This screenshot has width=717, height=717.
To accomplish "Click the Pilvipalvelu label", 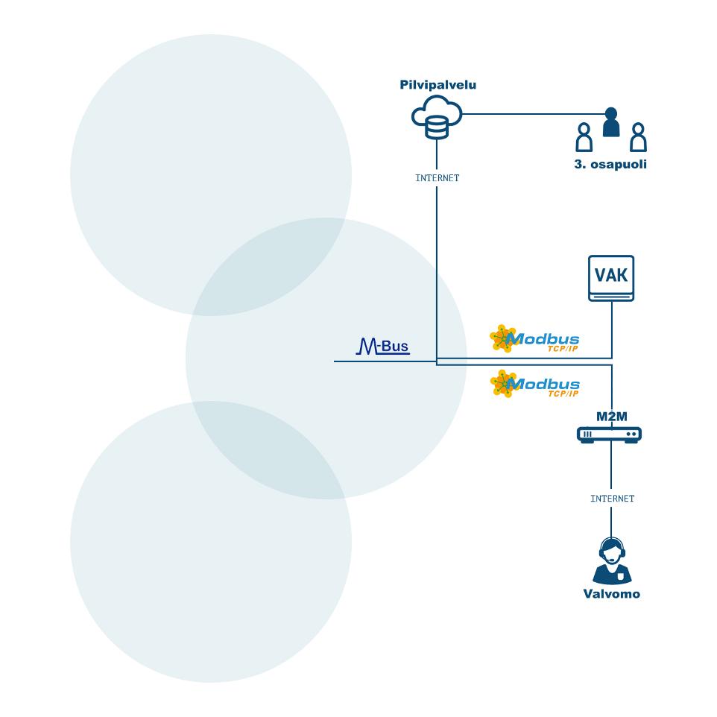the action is pos(438,85).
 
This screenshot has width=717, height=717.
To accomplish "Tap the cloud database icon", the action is pos(437,117).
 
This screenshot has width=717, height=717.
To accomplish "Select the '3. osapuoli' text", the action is pos(610,164).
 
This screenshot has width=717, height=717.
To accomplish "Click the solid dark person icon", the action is pos(611,122).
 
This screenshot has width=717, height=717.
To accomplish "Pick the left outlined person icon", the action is pos(584,137).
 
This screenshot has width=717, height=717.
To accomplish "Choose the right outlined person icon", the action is pos(638,137).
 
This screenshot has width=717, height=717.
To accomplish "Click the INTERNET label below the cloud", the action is pos(438,178).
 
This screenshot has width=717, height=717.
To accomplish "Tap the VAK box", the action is pos(611,278).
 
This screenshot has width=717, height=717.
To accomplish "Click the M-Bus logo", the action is pos(383,346).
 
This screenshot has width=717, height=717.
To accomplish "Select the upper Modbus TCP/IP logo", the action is pos(534,339).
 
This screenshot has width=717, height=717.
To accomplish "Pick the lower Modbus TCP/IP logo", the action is pos(534,384).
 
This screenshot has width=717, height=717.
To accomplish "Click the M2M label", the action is pos(611,417).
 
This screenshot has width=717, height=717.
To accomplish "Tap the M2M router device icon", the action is pos(609,435).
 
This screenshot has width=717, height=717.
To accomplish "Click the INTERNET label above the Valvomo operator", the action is pos(613,499).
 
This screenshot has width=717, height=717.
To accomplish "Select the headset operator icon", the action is pos(612,560).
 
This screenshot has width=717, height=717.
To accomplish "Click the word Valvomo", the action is pos(612,594).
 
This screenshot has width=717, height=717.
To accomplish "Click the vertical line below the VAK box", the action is pos(612,329).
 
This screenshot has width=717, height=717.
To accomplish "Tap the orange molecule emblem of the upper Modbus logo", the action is pos(503,338).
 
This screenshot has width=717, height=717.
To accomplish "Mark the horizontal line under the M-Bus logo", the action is pos(385,361).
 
